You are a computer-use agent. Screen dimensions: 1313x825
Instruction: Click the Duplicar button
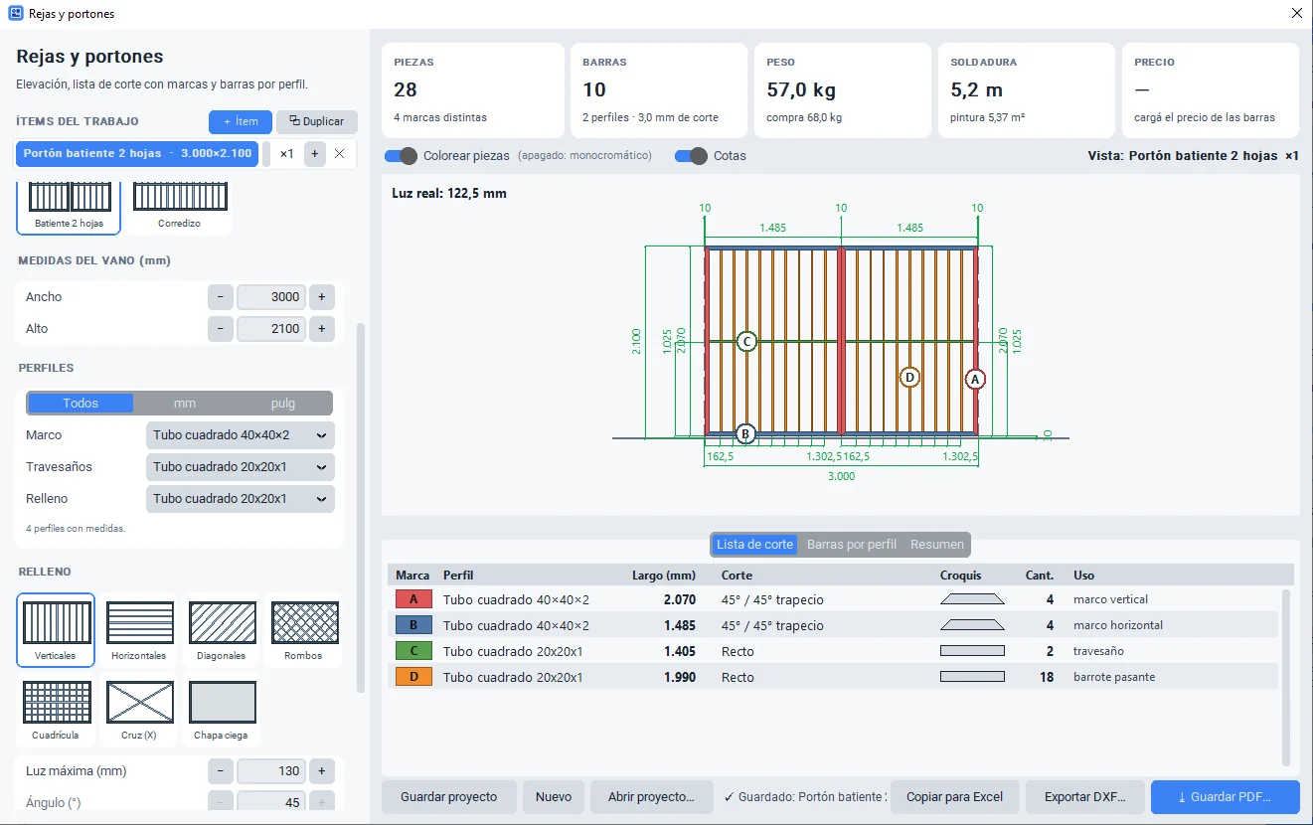point(316,121)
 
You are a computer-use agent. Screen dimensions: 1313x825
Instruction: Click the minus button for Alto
point(221,328)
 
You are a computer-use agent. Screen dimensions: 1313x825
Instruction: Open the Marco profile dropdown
point(241,435)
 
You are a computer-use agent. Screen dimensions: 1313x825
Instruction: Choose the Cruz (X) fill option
point(139,709)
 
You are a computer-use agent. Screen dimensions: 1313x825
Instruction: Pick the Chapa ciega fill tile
point(222,709)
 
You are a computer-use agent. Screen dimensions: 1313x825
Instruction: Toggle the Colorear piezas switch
point(401,156)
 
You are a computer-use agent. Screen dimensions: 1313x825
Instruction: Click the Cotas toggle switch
point(691,156)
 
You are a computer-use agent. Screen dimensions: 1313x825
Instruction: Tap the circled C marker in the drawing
point(746,341)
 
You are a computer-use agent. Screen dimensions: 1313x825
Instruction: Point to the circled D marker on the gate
point(909,377)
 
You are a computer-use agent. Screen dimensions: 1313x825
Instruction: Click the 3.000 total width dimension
point(841,476)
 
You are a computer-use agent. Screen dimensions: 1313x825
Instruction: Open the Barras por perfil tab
point(851,544)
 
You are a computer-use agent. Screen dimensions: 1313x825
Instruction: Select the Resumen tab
point(936,544)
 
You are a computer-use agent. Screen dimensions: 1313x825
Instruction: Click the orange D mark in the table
point(413,677)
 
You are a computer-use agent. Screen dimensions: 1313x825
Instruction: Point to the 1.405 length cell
point(679,651)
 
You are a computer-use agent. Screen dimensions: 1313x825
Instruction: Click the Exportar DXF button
point(1085,797)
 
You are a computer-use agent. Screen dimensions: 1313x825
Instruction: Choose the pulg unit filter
point(283,403)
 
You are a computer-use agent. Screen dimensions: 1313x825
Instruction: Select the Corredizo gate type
point(179,207)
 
